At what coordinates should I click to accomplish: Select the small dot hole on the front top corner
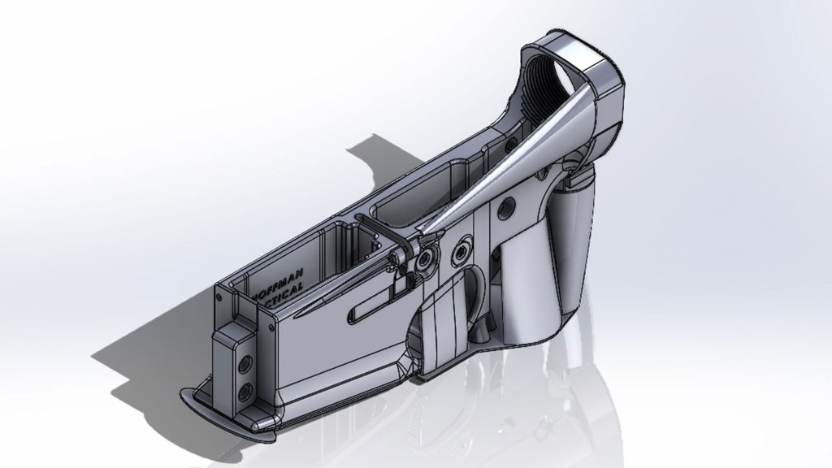point(266,326)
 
